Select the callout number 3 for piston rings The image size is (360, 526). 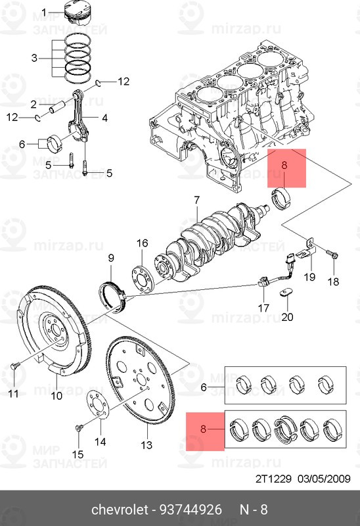(x=35, y=59)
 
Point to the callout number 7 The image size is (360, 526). (x=196, y=199)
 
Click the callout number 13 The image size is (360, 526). (x=146, y=445)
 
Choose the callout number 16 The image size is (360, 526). (x=143, y=243)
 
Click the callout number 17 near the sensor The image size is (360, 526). (x=263, y=307)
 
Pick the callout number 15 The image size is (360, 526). (x=77, y=454)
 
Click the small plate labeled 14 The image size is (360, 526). (x=99, y=404)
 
